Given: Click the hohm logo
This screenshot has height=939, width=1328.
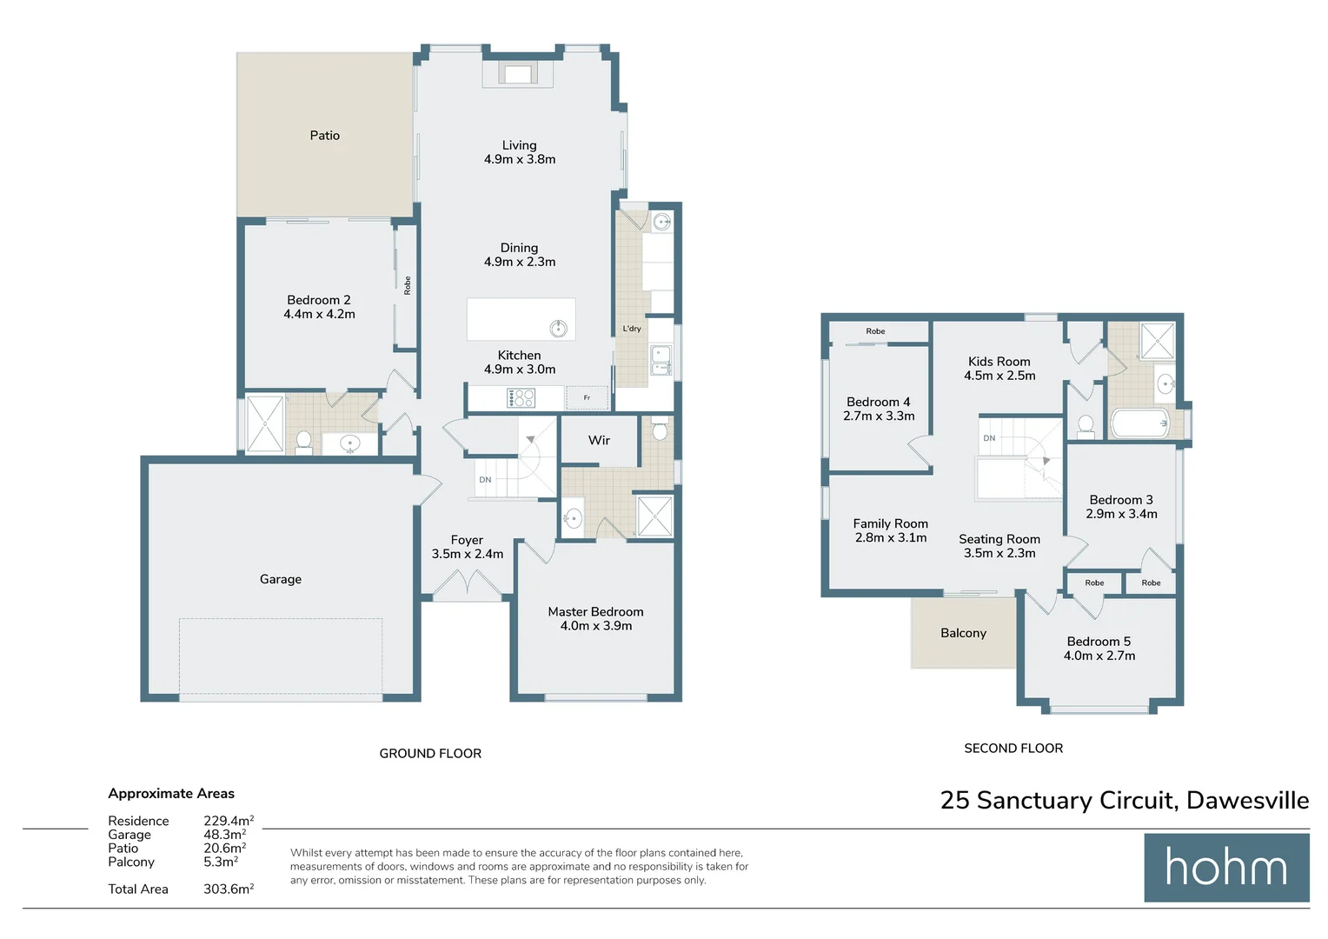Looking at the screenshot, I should [x=1225, y=868].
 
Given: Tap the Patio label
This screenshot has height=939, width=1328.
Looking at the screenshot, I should [x=324, y=136].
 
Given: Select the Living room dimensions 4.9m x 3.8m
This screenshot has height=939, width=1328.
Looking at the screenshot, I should [x=520, y=159].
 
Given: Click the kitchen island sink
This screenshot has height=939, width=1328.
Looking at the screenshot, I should [x=558, y=328].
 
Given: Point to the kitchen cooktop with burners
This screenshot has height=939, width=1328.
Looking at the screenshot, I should [x=521, y=398].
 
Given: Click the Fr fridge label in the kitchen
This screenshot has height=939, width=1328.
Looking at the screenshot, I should [x=587, y=398].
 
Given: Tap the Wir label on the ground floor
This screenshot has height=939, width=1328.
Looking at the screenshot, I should [x=599, y=441].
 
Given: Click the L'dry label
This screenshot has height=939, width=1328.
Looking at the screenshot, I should [x=632, y=329].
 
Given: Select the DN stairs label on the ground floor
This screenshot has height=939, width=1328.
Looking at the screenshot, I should [x=485, y=480].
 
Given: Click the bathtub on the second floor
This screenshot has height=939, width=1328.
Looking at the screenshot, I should [x=1140, y=424].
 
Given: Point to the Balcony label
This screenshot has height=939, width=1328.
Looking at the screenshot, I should [x=963, y=634].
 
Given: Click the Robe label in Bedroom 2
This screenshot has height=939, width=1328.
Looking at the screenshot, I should [x=407, y=285].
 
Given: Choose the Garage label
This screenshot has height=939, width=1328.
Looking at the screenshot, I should [x=280, y=579].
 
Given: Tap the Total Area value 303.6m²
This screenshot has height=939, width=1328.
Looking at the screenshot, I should [x=229, y=889].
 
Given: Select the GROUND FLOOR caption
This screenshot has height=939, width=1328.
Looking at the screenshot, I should [x=430, y=754].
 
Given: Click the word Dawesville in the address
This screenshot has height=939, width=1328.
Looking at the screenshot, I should [x=1247, y=801].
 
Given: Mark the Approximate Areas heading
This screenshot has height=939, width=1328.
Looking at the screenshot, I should [x=171, y=794].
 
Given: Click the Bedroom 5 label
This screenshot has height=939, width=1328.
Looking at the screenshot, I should [x=1099, y=642].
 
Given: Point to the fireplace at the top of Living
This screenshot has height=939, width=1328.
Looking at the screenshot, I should [x=518, y=75].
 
